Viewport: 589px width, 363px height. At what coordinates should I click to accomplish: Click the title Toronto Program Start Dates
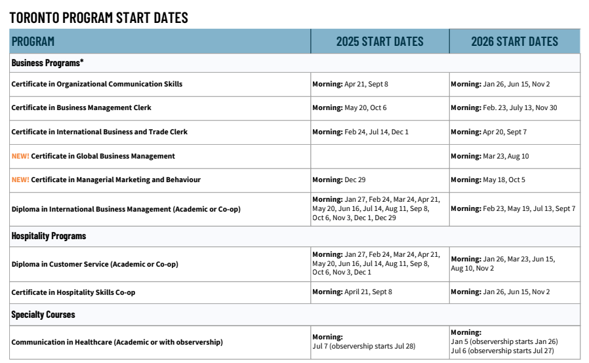point(99,18)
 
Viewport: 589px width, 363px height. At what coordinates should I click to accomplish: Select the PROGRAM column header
point(33,42)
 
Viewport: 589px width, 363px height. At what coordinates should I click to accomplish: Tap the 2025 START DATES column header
point(380,42)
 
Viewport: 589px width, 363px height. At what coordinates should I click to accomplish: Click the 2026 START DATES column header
point(514,42)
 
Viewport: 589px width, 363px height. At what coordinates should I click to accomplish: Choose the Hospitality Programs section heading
point(49,236)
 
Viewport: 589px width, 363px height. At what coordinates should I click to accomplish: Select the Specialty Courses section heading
point(43,315)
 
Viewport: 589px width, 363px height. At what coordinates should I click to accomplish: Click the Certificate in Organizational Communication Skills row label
point(97,84)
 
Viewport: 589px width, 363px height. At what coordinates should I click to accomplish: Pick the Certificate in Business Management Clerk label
point(86,107)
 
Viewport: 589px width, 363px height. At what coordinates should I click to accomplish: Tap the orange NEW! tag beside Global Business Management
point(20,156)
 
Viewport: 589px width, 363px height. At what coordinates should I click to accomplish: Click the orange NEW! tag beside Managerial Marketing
point(20,180)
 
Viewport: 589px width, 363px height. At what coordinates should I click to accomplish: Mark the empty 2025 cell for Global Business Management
point(380,156)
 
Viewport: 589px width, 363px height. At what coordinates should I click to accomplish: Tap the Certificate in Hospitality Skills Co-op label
point(73,292)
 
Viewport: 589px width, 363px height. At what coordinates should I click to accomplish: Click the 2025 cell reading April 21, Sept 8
point(352,292)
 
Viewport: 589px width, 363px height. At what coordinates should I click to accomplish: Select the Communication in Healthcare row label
point(117,342)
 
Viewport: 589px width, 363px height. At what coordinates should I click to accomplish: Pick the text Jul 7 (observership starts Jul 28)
point(364,346)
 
